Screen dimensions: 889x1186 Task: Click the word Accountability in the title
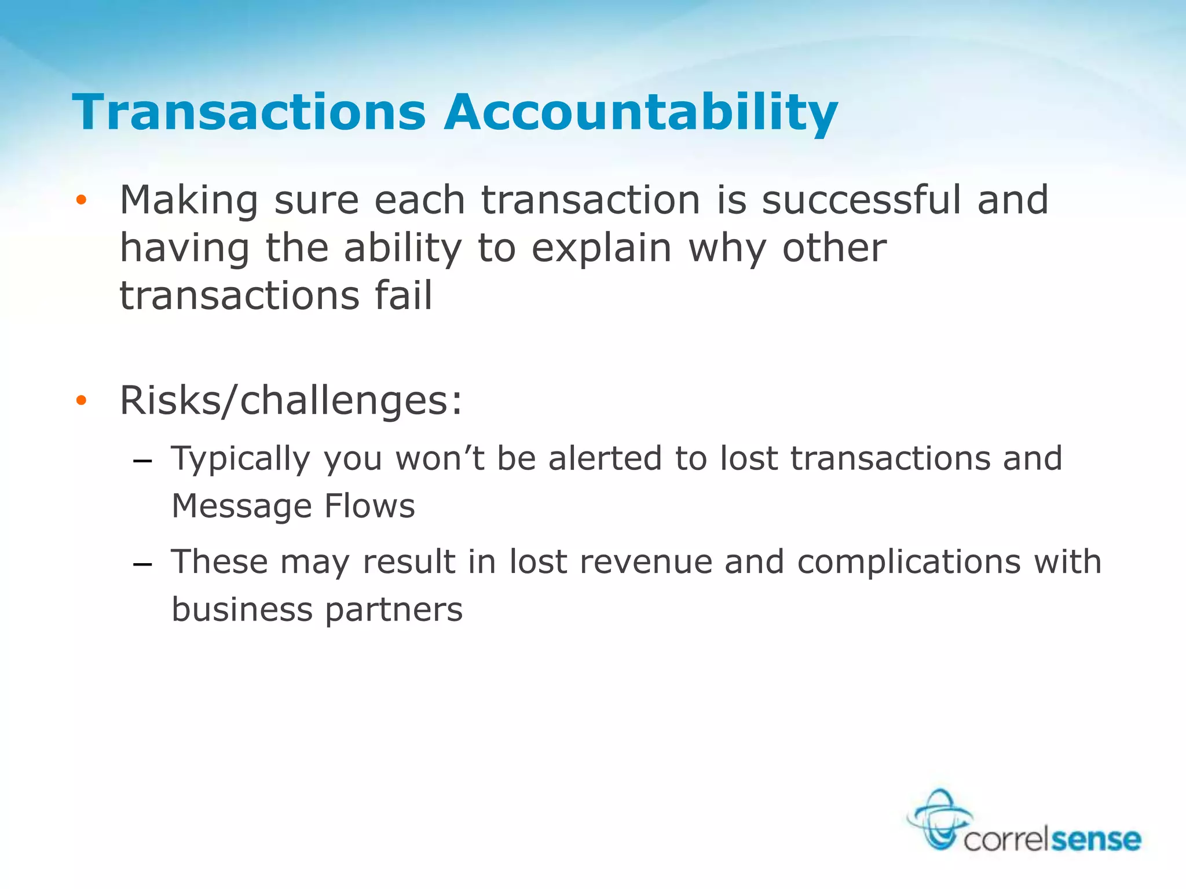pos(641,113)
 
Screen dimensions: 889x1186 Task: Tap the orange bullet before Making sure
pos(81,200)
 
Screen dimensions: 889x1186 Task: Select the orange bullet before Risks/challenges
pos(81,401)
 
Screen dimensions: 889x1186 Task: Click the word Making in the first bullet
pos(189,201)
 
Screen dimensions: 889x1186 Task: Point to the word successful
pos(861,200)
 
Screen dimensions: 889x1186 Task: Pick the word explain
pos(602,249)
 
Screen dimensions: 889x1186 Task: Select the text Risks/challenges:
pos(291,401)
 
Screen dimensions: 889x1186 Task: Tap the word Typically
pos(241,460)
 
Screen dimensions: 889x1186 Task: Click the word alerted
pos(605,458)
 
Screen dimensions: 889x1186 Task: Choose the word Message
pos(241,506)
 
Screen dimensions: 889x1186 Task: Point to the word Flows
pos(369,506)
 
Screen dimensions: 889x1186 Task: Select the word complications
pos(909,562)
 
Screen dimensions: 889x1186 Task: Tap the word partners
pos(394,610)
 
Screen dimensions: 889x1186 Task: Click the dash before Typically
pos(142,461)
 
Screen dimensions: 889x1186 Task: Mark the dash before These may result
pos(142,564)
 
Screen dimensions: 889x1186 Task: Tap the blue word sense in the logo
pos(1096,839)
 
